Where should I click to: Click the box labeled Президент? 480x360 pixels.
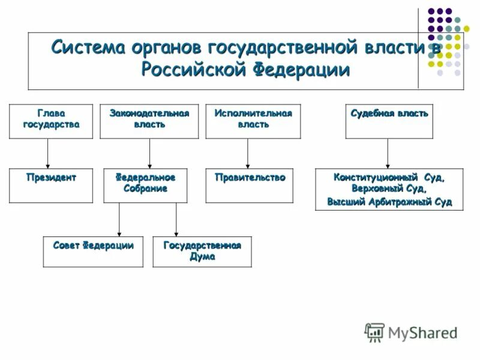click(x=51, y=185)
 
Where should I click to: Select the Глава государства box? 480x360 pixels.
click(x=51, y=122)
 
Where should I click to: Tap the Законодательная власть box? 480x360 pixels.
click(x=149, y=122)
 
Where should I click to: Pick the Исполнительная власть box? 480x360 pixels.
click(x=253, y=122)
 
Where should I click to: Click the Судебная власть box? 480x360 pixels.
click(x=389, y=122)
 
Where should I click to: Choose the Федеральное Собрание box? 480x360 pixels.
click(x=149, y=185)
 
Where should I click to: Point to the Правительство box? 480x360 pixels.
click(x=250, y=185)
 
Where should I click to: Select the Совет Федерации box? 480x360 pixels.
click(x=93, y=251)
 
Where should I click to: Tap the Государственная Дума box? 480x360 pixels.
click(x=202, y=251)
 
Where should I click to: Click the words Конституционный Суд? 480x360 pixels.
click(x=390, y=178)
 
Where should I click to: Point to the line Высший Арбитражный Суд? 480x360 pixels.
click(x=390, y=202)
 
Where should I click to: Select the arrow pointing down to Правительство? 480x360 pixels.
click(x=247, y=154)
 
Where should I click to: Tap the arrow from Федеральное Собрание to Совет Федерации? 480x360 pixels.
click(x=119, y=220)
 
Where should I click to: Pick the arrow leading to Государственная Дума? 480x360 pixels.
click(x=176, y=220)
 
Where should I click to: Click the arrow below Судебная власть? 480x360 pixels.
click(x=388, y=154)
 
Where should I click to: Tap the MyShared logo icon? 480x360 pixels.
click(x=374, y=332)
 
